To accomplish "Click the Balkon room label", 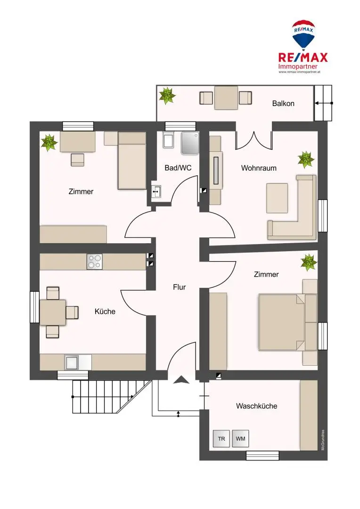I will click(x=283, y=103).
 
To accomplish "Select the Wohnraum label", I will click(x=259, y=168).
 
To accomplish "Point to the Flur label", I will click(x=179, y=287).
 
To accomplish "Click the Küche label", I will click(x=105, y=312).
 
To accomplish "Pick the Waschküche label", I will click(x=256, y=406).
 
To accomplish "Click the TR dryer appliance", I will click(x=221, y=439).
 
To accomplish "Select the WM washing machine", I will click(x=241, y=439).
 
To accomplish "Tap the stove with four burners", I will click(x=94, y=262).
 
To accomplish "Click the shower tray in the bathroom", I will click(x=191, y=142).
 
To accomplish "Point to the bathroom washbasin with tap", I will click(x=157, y=192).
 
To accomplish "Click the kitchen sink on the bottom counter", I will click(x=72, y=362).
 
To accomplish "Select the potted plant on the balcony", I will click(x=167, y=96).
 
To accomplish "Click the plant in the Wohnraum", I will click(x=306, y=159).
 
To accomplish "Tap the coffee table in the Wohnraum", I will click(x=277, y=198).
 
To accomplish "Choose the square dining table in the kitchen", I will click(x=53, y=312).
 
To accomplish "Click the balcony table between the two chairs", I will click(x=226, y=98).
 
